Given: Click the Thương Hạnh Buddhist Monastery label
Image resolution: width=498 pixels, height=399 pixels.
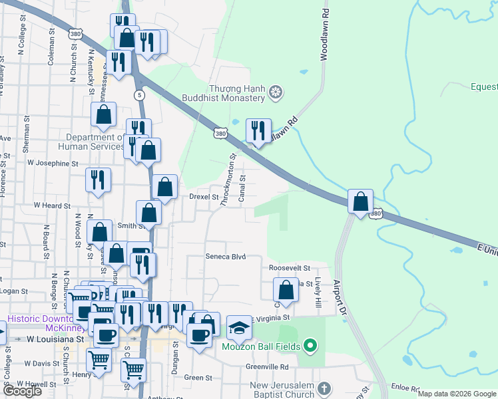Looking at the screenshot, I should click(x=237, y=93).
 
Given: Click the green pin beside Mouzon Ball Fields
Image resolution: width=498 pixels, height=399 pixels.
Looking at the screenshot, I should click(x=310, y=346).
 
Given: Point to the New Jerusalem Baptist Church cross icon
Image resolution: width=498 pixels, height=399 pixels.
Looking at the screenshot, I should click(x=324, y=388).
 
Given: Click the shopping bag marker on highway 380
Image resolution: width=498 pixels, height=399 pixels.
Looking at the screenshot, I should click(x=360, y=201).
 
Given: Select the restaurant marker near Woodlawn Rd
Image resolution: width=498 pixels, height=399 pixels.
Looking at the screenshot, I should click(x=258, y=130).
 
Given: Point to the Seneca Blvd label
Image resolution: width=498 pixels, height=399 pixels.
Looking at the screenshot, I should click(x=226, y=257).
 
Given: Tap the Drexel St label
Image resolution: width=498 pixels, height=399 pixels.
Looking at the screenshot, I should click(x=204, y=198).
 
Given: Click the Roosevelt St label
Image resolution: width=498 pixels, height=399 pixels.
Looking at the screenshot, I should click(x=290, y=268).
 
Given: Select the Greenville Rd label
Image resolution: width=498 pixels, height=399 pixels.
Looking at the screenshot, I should click(x=266, y=366).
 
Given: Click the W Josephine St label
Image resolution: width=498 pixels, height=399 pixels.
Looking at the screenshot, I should click(x=53, y=163).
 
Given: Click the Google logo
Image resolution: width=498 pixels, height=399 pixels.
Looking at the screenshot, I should click(x=22, y=391).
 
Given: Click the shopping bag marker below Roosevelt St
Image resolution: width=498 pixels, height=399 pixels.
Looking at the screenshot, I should click(x=286, y=290).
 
